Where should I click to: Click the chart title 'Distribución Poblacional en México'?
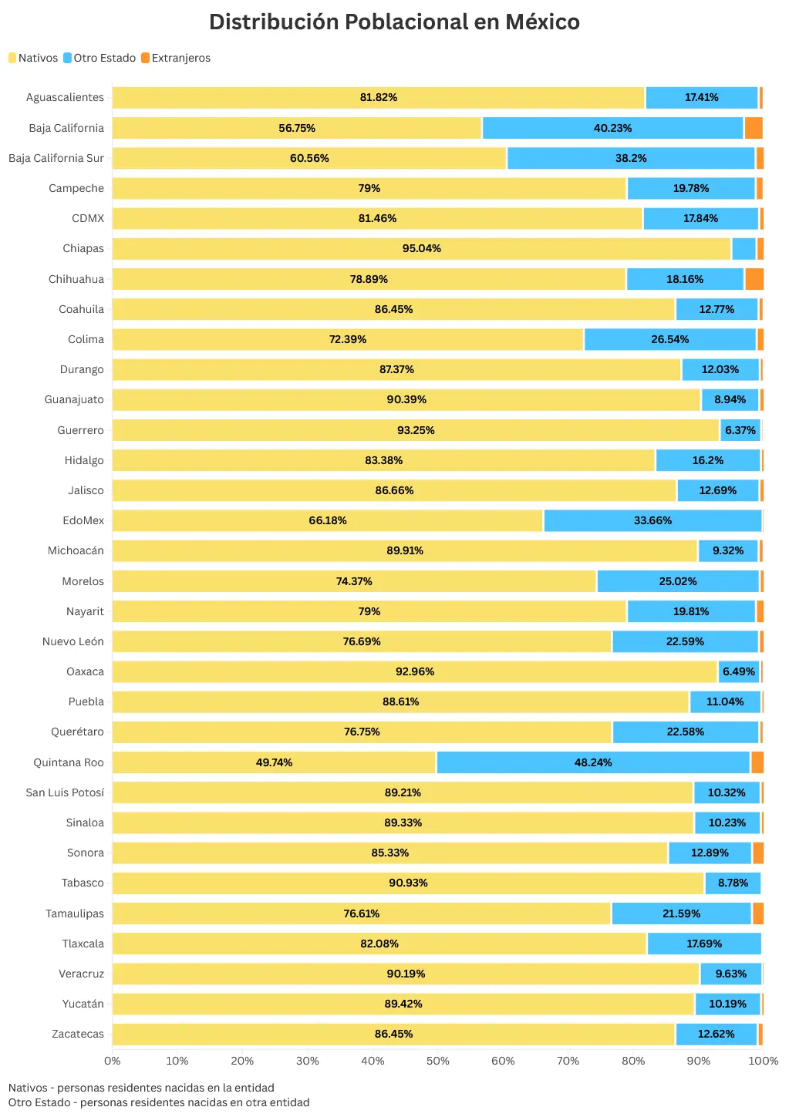(x=394, y=22)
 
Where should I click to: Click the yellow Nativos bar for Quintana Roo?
(x=274, y=762)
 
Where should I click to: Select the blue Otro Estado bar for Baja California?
(x=612, y=128)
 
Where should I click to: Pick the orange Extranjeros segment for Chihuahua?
(x=754, y=279)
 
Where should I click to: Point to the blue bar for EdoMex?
(x=652, y=521)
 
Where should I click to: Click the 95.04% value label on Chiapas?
(x=421, y=248)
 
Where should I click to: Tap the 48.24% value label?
(x=592, y=762)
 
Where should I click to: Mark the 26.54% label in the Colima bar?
(x=669, y=339)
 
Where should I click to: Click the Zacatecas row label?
(x=77, y=1034)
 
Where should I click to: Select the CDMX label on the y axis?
(x=87, y=218)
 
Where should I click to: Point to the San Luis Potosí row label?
(x=65, y=792)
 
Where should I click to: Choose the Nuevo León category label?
(x=72, y=641)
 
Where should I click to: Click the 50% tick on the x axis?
(x=437, y=1061)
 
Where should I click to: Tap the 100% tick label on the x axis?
(x=763, y=1061)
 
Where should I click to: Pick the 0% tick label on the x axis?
(x=113, y=1061)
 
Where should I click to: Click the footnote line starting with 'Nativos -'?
(x=141, y=1088)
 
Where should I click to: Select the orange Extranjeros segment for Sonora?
(x=758, y=853)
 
